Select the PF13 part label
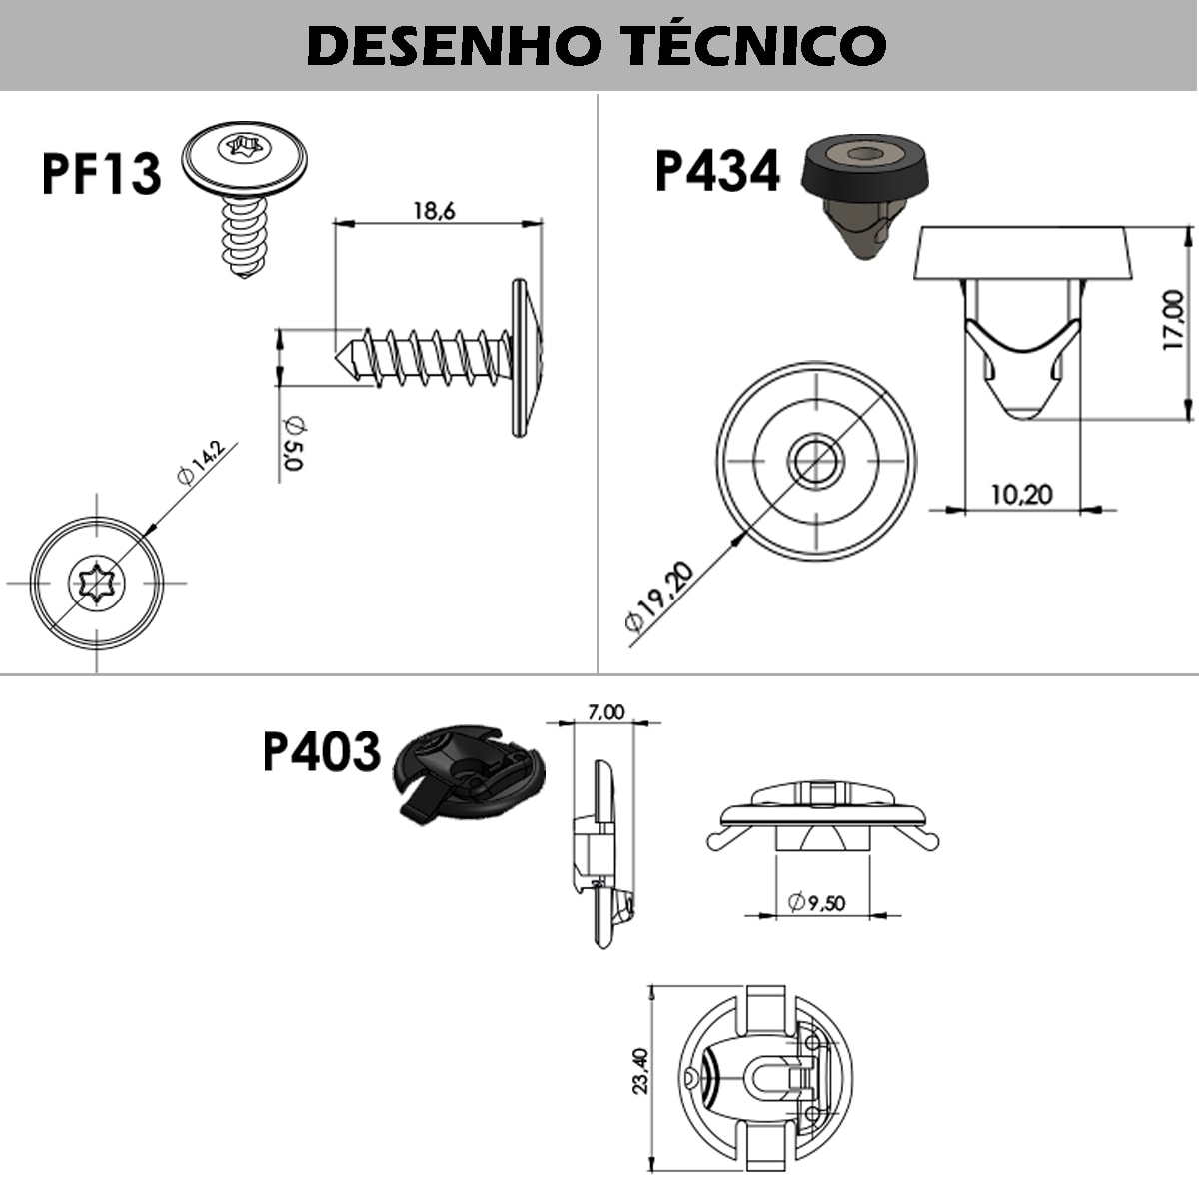(x=101, y=173)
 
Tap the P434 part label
(x=716, y=171)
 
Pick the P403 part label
(x=321, y=751)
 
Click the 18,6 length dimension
(x=434, y=211)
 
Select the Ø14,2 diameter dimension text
(x=201, y=461)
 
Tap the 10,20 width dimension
(x=1021, y=494)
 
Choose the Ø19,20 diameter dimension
(x=658, y=597)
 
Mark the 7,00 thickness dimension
(x=605, y=712)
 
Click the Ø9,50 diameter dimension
(x=816, y=903)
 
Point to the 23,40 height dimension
(x=641, y=1070)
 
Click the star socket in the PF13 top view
(x=96, y=582)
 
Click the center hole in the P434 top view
(x=816, y=460)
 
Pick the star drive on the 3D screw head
(x=243, y=149)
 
